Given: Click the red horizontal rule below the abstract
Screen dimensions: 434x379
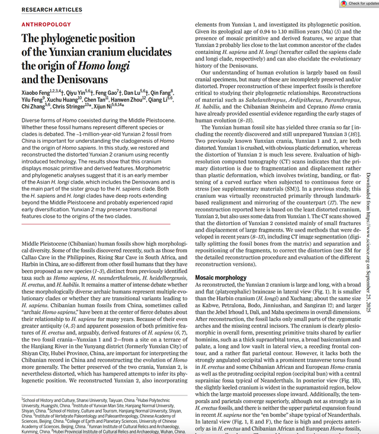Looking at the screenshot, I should point(95,224).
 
